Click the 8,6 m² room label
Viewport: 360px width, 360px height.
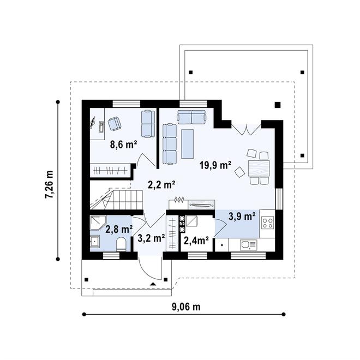tap(123, 145)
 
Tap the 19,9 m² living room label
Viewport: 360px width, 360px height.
tap(215, 165)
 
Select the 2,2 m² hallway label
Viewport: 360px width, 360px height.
tap(161, 185)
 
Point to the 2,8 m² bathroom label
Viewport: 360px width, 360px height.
tap(119, 229)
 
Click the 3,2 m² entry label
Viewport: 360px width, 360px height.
tap(151, 238)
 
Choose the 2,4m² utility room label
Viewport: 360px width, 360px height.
tap(196, 241)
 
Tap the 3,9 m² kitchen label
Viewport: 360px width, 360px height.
tap(242, 217)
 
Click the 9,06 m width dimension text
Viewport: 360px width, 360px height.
tap(186, 307)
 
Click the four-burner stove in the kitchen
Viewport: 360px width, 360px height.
tap(268, 223)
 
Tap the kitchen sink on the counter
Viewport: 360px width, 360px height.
tap(248, 245)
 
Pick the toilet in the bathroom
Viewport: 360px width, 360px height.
tap(121, 244)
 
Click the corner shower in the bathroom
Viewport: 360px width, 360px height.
tap(98, 223)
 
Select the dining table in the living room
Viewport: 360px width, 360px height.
tap(259, 169)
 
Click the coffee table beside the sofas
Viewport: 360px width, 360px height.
tap(187, 144)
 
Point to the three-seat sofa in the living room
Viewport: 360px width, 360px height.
tap(170, 144)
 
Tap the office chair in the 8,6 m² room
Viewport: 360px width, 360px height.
tap(115, 123)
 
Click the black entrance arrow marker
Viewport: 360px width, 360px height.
tap(153, 284)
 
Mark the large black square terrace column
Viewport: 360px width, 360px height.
tap(278, 105)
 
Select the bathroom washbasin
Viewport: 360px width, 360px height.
tap(94, 241)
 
